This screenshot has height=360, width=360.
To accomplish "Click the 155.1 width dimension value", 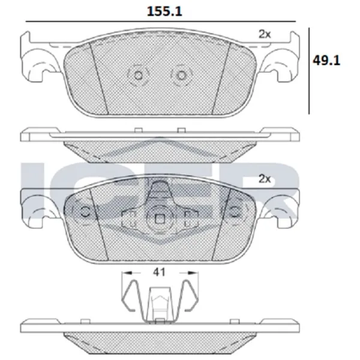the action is pos(164,11).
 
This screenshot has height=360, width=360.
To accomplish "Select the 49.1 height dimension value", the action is pos(326,61).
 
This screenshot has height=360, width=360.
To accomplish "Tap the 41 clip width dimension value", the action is pos(160,272).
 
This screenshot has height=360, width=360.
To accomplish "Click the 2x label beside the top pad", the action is pos(265,34).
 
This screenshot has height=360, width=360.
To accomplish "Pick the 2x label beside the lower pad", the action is pos(265,179).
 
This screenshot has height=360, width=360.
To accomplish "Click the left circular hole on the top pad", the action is pos(138,76).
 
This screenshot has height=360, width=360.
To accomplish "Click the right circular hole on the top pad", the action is pos(181,76).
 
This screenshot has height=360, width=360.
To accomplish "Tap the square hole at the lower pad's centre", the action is pos(160,220).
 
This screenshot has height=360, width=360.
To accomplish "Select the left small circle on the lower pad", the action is pos(86,212).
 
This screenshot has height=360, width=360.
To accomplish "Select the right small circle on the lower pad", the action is pos(235,212).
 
